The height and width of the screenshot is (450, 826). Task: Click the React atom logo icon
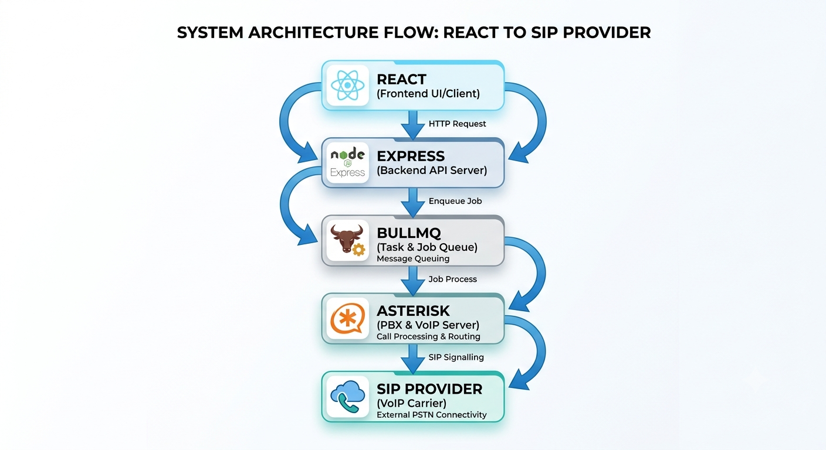(x=347, y=86)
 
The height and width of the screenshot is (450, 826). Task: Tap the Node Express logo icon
(x=347, y=162)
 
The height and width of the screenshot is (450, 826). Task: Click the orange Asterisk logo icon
(x=347, y=318)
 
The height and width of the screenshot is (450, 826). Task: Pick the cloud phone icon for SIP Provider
(x=347, y=397)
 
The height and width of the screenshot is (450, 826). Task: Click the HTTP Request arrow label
(x=457, y=124)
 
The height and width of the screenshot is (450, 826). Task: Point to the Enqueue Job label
(x=455, y=201)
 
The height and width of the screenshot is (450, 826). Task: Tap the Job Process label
(x=452, y=279)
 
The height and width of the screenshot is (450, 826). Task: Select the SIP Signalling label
(x=456, y=357)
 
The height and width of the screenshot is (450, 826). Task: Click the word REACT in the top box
(x=401, y=80)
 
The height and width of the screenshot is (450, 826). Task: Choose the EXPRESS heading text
(x=411, y=156)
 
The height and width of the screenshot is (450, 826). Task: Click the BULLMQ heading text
(x=408, y=233)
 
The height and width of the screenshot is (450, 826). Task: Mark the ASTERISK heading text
(x=413, y=311)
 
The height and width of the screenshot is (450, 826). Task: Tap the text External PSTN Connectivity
(x=431, y=415)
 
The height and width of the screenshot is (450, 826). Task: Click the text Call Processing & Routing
(x=428, y=336)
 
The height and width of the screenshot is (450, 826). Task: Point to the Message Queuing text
(x=412, y=258)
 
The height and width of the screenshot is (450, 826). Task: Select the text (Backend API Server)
(x=431, y=171)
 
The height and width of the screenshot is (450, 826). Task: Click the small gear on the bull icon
(x=358, y=250)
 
